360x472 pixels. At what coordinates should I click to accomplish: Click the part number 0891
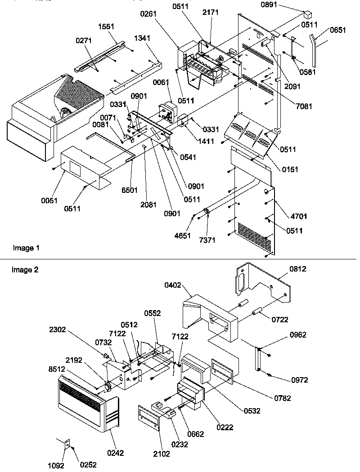click(x=282, y=5)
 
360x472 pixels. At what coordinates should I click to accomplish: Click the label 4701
click(x=299, y=216)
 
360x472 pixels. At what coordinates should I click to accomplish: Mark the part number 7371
click(x=207, y=240)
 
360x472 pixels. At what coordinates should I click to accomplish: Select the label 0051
click(x=49, y=200)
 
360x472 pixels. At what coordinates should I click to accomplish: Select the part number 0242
click(x=115, y=453)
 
